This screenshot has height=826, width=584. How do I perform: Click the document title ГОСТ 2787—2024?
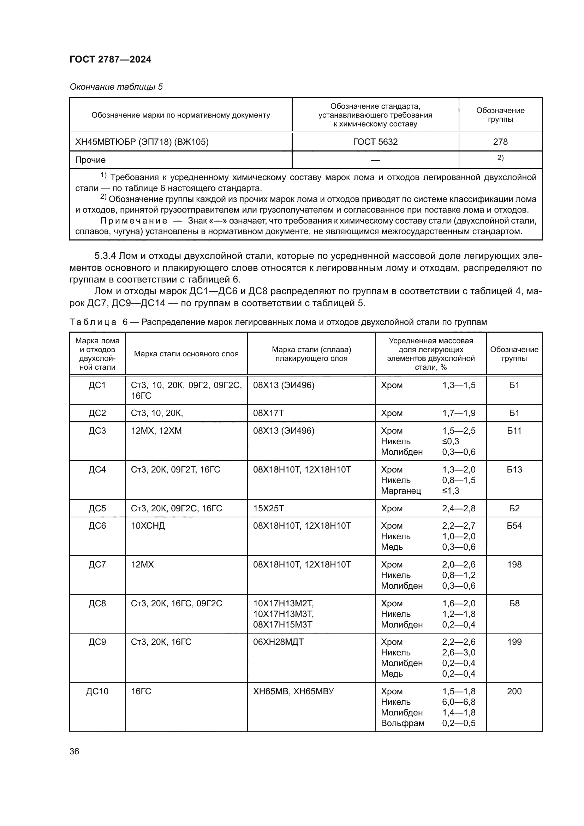111,59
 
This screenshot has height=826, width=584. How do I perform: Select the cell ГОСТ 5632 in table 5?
375,142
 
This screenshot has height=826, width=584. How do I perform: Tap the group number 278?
500,142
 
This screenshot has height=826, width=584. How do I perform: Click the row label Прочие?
90,160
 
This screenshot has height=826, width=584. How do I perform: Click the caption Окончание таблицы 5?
116,87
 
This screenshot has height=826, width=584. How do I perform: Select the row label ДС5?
97,508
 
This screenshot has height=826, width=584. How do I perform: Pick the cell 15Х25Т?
268,508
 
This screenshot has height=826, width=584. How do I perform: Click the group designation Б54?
514,525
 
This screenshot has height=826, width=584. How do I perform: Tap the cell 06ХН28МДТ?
278,642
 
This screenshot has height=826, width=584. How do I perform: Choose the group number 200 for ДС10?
514,691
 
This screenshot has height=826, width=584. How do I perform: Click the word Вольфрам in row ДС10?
403,723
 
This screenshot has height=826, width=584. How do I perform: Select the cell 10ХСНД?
148,525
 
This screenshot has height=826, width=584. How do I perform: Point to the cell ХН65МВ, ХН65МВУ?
293,691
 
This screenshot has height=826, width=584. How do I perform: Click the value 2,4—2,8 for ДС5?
459,508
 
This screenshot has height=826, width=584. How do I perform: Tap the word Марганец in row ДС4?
401,491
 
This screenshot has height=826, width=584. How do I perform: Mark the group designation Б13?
514,469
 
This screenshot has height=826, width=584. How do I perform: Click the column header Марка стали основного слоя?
186,353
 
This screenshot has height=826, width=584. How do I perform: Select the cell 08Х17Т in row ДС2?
268,413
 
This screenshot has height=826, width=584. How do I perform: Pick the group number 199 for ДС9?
514,642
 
